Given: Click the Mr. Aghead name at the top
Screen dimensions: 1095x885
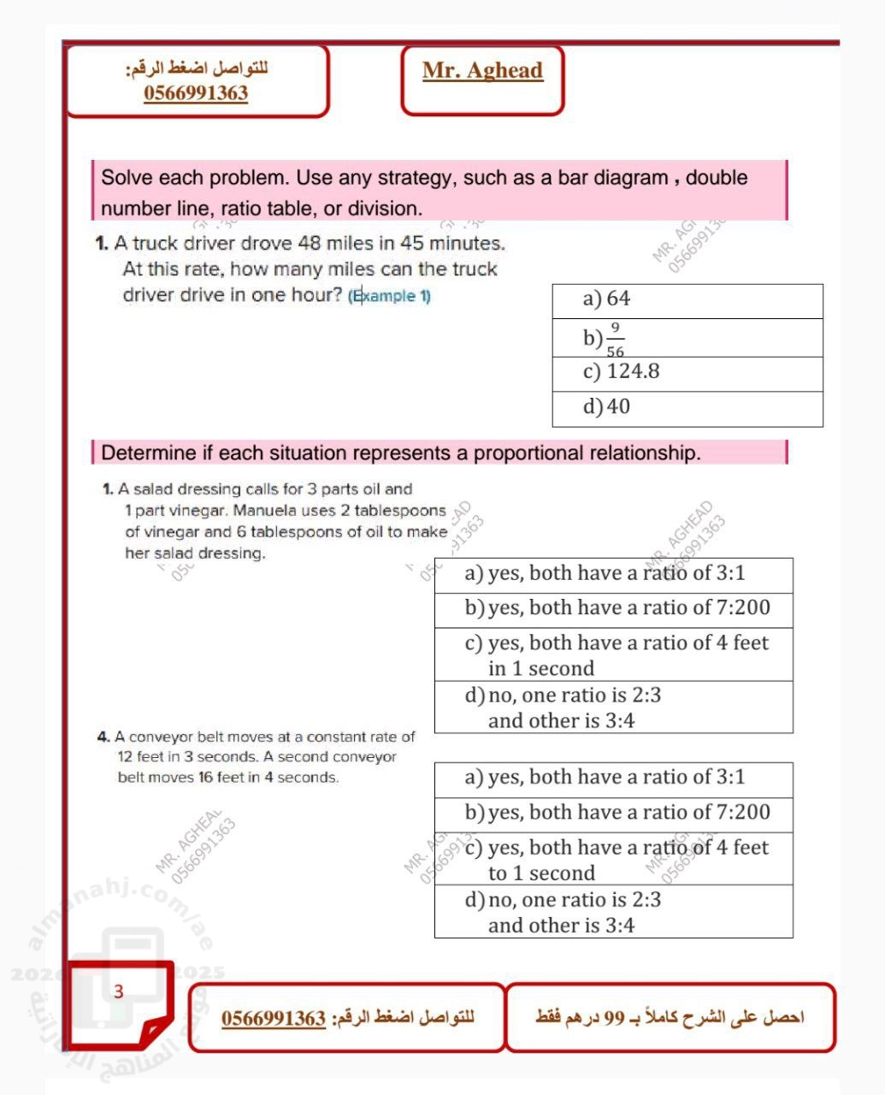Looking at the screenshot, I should point(482,71).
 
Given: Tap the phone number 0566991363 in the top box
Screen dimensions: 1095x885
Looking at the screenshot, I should point(196,93).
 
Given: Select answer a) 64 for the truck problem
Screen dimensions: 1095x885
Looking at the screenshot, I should point(606,299).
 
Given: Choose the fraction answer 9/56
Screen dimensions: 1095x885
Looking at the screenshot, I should point(613,339).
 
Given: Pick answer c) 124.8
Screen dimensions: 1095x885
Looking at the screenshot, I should point(621,372).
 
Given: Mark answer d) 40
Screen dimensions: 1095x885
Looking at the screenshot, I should point(606,406).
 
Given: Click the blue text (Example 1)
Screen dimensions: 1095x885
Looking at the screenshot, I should point(390,296).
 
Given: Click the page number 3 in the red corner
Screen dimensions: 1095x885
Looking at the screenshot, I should point(119,991).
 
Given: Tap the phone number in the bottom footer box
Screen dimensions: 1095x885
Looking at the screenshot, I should point(274,1019).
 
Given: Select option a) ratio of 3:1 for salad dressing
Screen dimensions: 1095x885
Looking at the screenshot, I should point(605,573).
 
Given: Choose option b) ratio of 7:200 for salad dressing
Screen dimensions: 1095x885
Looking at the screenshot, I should point(617,608).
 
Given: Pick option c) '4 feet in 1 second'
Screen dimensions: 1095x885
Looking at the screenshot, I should point(617,655).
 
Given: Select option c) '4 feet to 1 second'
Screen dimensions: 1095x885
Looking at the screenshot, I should point(617,860).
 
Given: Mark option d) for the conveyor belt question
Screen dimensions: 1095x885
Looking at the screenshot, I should point(563,912).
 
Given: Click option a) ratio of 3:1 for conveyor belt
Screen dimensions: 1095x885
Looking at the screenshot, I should point(605,778).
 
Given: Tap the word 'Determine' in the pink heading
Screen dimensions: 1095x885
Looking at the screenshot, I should point(149,453).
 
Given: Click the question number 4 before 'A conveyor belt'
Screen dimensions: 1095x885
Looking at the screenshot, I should point(103,737).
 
